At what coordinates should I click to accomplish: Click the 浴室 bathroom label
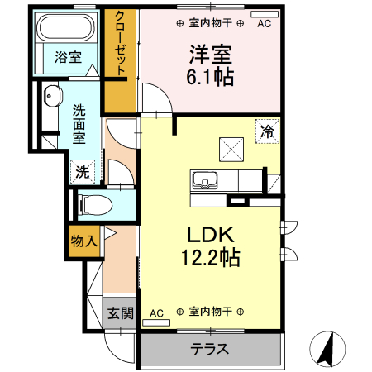click(x=68, y=57)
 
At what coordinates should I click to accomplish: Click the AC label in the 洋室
click(x=264, y=24)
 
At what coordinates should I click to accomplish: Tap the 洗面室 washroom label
click(x=79, y=123)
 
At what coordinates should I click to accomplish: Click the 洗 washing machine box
click(x=82, y=172)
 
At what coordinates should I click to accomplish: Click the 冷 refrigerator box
click(x=267, y=131)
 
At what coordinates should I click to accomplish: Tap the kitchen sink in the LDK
click(x=203, y=179)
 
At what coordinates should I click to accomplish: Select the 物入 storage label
click(x=83, y=241)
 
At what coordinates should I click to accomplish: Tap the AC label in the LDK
click(x=157, y=312)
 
